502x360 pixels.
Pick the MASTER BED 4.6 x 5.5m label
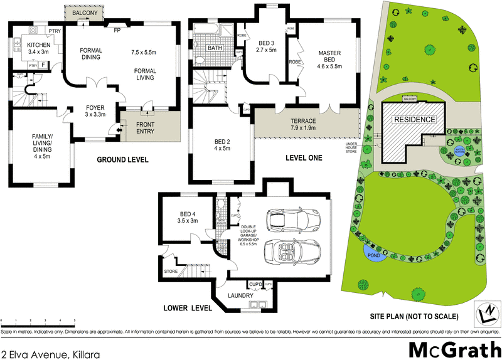coord(329,59)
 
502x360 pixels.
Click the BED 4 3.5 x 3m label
coord(188,216)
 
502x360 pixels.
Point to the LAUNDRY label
coord(240,295)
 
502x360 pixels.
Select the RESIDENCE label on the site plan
coord(414,119)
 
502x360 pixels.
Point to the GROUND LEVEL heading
coord(122,160)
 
